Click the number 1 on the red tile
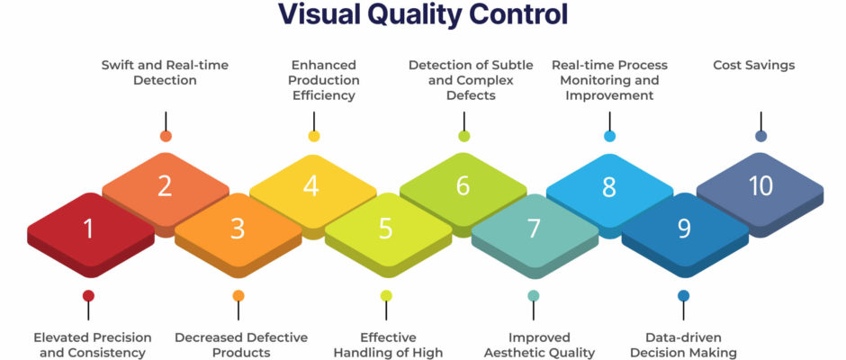pyautogui.click(x=88, y=229)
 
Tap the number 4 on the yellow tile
pyautogui.click(x=310, y=185)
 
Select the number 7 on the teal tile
pyautogui.click(x=534, y=229)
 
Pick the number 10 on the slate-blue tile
pyautogui.click(x=760, y=185)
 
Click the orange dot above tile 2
pyautogui.click(x=166, y=136)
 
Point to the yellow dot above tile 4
pyautogui.click(x=314, y=136)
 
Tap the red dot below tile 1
pyautogui.click(x=88, y=295)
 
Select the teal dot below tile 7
pyautogui.click(x=534, y=295)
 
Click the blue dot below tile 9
pyautogui.click(x=684, y=295)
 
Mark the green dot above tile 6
pyautogui.click(x=464, y=136)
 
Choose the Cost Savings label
pyautogui.click(x=753, y=66)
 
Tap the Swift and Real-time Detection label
pyautogui.click(x=165, y=73)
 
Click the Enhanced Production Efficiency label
pyautogui.click(x=324, y=80)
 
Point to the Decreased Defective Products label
pyautogui.click(x=241, y=346)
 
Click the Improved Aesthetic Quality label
pyautogui.click(x=539, y=346)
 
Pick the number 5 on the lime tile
pyautogui.click(x=385, y=229)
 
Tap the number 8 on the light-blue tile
pyautogui.click(x=609, y=186)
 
